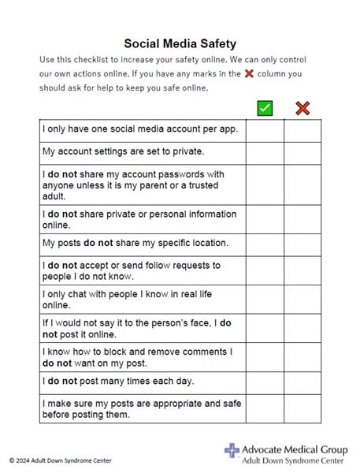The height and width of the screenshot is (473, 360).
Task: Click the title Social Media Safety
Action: click(180, 44)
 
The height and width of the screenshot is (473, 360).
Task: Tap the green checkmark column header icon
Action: click(265, 107)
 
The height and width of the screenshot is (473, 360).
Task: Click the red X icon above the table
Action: click(302, 107)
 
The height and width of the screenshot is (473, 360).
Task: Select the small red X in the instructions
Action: click(249, 73)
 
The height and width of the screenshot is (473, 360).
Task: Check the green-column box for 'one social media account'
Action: click(265, 130)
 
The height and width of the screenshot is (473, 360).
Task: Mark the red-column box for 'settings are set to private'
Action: click(302, 153)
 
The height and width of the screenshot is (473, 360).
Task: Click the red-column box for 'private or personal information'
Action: click(302, 219)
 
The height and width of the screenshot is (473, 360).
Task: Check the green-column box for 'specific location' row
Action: click(265, 244)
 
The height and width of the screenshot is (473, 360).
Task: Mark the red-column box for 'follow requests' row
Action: click(302, 270)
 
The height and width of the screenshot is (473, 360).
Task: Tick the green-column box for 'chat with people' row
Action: click(265, 300)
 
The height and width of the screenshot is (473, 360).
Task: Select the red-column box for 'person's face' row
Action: click(302, 328)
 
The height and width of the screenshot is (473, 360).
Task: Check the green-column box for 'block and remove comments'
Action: click(265, 356)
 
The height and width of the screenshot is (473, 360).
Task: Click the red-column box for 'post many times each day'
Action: click(302, 382)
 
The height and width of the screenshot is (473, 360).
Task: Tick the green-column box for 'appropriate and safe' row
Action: click(265, 408)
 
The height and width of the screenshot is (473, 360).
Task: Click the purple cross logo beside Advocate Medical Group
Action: click(232, 450)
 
